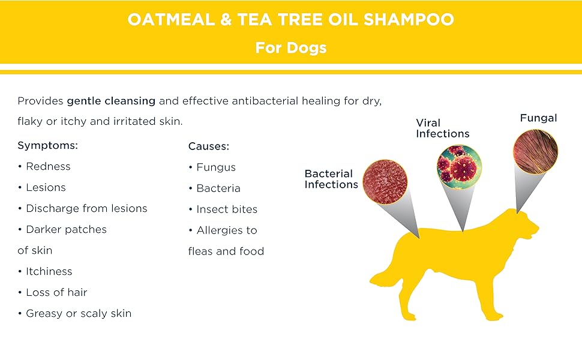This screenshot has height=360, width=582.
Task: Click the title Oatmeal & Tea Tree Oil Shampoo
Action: click(x=290, y=19)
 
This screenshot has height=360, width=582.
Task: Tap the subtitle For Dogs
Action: click(x=290, y=47)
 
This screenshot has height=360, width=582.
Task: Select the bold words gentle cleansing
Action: click(x=111, y=101)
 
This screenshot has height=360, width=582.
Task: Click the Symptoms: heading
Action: click(x=48, y=145)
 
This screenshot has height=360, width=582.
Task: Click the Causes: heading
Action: click(x=209, y=146)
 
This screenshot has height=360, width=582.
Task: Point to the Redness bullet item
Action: click(x=47, y=166)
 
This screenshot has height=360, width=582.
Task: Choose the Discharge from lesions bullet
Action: click(x=86, y=208)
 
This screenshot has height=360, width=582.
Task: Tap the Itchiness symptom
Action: click(x=49, y=271)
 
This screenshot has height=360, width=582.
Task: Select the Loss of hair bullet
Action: click(x=56, y=292)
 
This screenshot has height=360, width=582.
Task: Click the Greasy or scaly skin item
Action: click(x=78, y=313)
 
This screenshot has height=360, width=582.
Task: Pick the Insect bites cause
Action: click(x=226, y=209)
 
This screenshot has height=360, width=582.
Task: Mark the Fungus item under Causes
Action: click(x=215, y=167)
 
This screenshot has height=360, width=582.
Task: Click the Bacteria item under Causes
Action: click(x=218, y=188)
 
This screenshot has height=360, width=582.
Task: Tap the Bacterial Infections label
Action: click(x=331, y=179)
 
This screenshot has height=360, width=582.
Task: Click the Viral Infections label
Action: click(x=442, y=128)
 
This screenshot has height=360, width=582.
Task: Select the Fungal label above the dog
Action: click(x=538, y=118)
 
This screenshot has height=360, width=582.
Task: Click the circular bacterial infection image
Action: click(x=385, y=179)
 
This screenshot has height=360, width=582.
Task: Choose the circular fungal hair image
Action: click(x=535, y=152)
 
